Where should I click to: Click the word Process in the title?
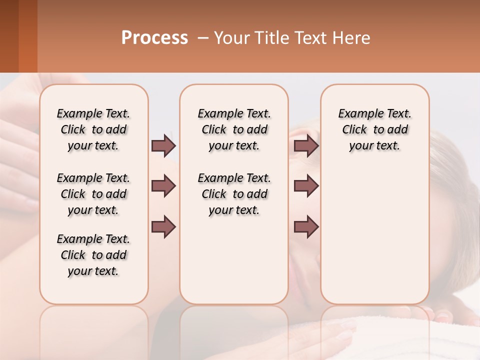point(154,38)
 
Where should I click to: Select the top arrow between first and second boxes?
point(163,145)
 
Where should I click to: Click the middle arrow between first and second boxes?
point(163,186)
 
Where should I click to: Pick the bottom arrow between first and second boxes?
point(163,226)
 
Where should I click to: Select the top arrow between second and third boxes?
point(306,145)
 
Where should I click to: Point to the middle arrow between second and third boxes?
point(306,186)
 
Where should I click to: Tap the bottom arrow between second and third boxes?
point(306,226)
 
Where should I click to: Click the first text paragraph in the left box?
point(93,129)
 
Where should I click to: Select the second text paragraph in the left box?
point(93,194)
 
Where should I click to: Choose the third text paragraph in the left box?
point(93,255)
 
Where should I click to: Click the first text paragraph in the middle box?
point(234,129)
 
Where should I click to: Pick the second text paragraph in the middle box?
point(234,194)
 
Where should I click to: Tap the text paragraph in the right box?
point(374,129)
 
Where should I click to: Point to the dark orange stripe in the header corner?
point(27,36)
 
